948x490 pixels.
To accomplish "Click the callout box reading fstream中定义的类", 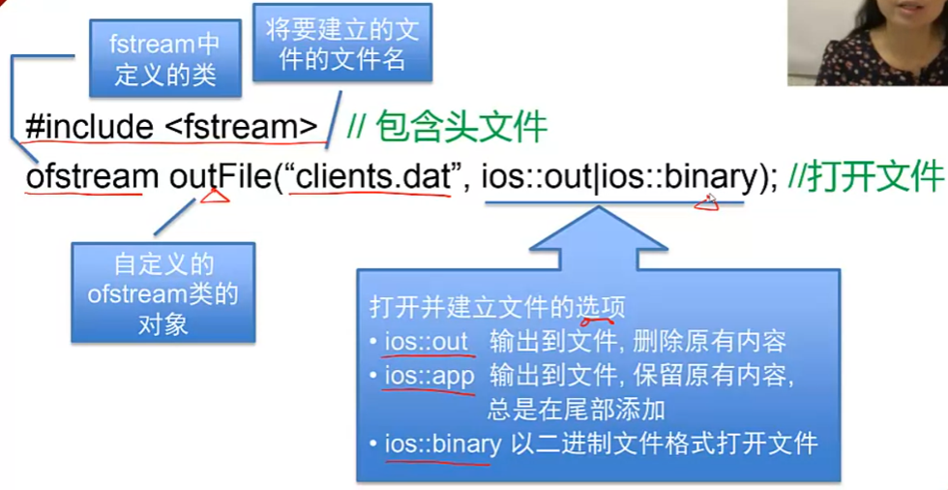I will [x=164, y=59].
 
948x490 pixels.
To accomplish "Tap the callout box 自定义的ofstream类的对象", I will [x=163, y=293].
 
